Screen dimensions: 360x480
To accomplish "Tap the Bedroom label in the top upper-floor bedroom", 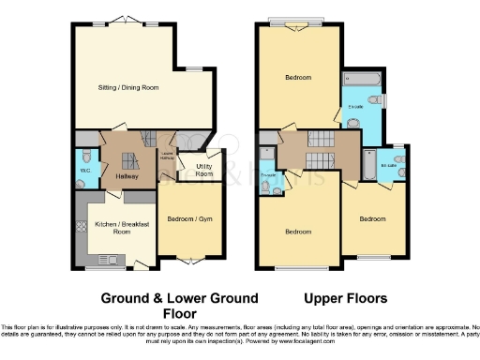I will [x=298, y=78].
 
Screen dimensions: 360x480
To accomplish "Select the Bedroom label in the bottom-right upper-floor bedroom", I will [x=372, y=218].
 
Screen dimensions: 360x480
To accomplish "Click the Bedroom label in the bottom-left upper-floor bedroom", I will [x=298, y=232].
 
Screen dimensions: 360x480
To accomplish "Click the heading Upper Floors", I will [x=346, y=299].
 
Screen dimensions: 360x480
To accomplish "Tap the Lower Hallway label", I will [x=167, y=157].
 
